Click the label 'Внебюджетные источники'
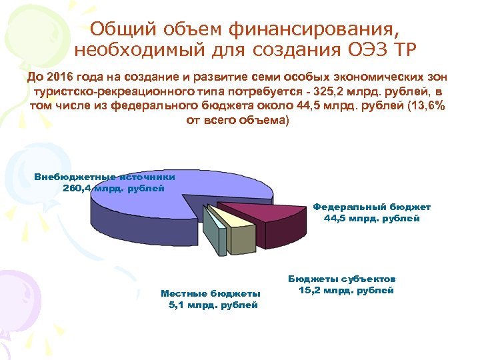click(105, 177)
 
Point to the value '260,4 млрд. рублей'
click(113, 188)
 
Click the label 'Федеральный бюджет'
click(372, 207)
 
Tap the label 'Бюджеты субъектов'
click(343, 279)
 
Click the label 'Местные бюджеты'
click(211, 293)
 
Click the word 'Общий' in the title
click(117, 29)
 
